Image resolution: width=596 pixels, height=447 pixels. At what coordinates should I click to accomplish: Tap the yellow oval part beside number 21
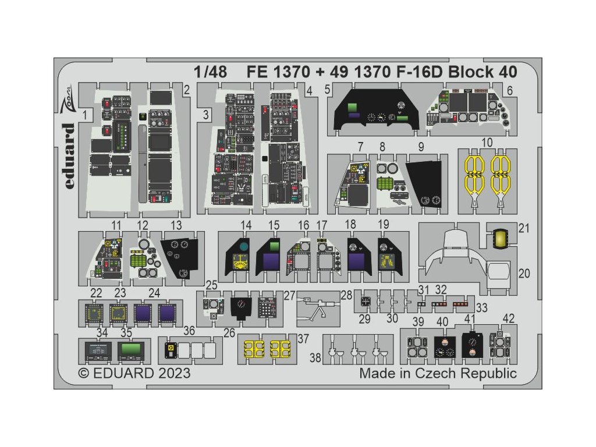click(x=499, y=237)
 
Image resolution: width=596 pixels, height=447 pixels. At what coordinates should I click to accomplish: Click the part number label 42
click(x=509, y=318)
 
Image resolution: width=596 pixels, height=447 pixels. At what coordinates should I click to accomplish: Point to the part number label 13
click(x=176, y=225)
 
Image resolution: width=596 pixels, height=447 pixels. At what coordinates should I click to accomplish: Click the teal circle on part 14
click(x=243, y=247)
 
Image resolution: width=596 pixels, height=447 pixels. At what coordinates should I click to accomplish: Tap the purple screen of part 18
click(x=357, y=261)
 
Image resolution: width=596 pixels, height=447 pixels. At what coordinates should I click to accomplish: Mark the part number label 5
click(x=328, y=90)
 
